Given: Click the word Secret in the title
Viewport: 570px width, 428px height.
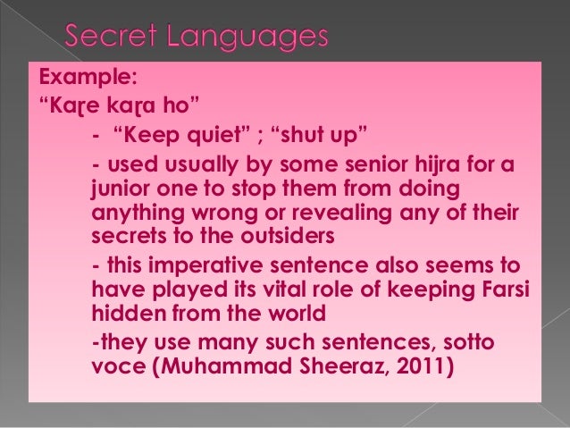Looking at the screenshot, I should point(117,38).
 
